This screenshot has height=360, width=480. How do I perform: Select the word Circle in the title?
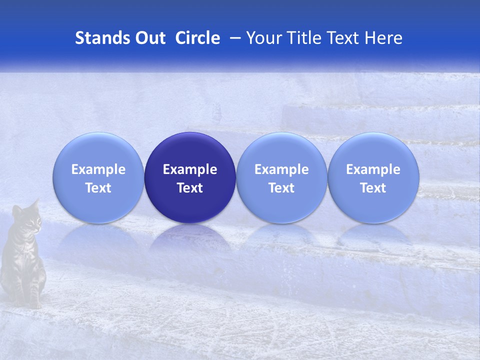pyautogui.click(x=197, y=38)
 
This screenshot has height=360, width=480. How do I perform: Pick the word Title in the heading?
pyautogui.click(x=304, y=38)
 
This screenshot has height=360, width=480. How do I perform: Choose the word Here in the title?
pyautogui.click(x=383, y=38)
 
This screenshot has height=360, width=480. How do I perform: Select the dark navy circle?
pyautogui.click(x=190, y=178)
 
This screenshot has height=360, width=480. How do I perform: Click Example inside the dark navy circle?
pyautogui.click(x=190, y=169)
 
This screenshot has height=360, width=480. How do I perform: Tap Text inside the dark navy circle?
pyautogui.click(x=190, y=188)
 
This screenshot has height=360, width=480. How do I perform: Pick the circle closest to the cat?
pyautogui.click(x=98, y=178)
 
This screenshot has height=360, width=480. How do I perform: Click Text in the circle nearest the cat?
pyautogui.click(x=98, y=188)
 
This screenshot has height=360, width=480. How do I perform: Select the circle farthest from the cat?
pyautogui.click(x=373, y=178)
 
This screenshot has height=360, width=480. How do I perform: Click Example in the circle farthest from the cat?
pyautogui.click(x=373, y=169)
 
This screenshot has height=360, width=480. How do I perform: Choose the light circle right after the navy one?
pyautogui.click(x=281, y=178)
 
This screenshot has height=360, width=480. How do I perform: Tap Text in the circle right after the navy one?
pyautogui.click(x=281, y=188)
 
